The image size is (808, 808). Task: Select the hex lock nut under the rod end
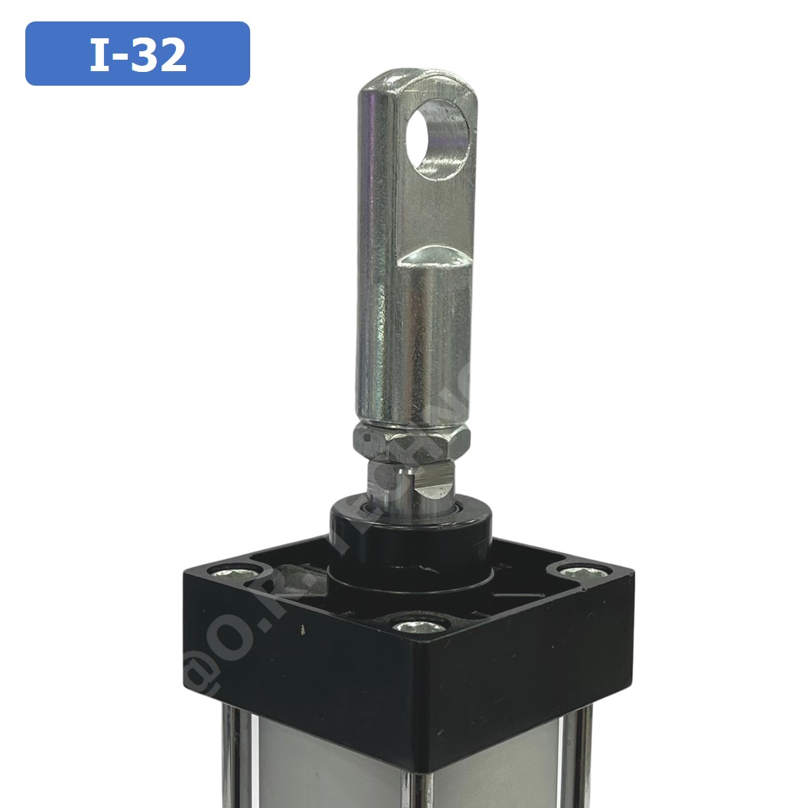tap(411, 441)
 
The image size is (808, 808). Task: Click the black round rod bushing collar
tap(411, 528)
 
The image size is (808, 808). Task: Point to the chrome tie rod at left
tap(230, 757)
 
